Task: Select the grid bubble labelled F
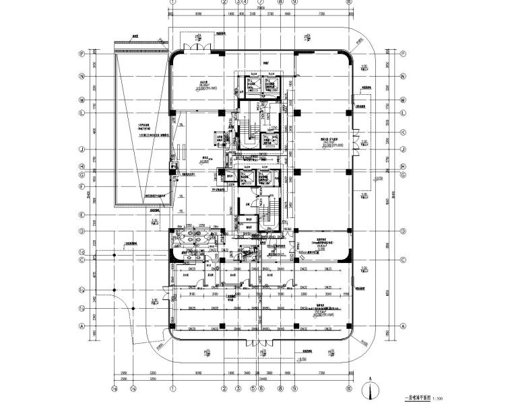[81, 187]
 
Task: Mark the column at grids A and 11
[349, 328]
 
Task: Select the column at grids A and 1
[172, 328]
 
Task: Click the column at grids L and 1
[172, 112]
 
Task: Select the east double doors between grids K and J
[355, 143]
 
